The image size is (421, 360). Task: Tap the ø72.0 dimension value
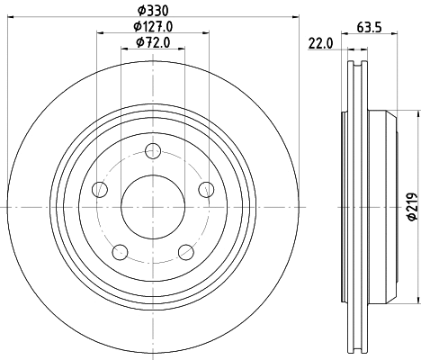153,42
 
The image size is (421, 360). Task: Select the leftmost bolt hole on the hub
100,189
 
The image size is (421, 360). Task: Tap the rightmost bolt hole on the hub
206,189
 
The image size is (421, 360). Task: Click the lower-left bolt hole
120,251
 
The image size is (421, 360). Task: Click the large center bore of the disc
153,206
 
